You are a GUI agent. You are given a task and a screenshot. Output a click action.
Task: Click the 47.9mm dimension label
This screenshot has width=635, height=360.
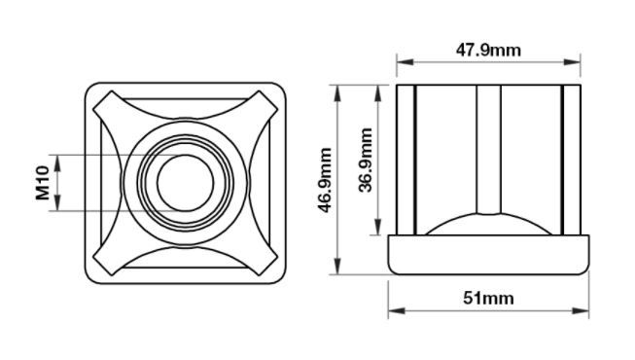coord(488,51)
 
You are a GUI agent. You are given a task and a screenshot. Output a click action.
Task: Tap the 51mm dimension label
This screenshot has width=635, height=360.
coord(488,299)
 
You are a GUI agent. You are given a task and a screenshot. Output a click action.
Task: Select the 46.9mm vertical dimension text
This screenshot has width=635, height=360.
coord(325,180)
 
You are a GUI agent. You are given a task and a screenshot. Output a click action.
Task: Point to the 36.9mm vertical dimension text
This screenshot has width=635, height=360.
coord(366,160)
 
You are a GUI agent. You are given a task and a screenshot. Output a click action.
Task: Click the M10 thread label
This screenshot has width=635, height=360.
coord(42,183)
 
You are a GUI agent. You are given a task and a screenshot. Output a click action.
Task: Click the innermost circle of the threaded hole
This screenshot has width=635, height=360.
coord(185,183)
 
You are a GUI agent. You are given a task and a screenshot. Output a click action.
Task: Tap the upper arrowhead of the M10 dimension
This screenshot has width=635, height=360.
coord(57,162)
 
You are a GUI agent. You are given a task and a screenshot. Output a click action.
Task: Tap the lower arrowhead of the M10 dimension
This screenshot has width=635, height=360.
coord(57,203)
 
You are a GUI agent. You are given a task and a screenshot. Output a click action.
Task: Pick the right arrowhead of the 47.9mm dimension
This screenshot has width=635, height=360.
coord(572,62)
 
